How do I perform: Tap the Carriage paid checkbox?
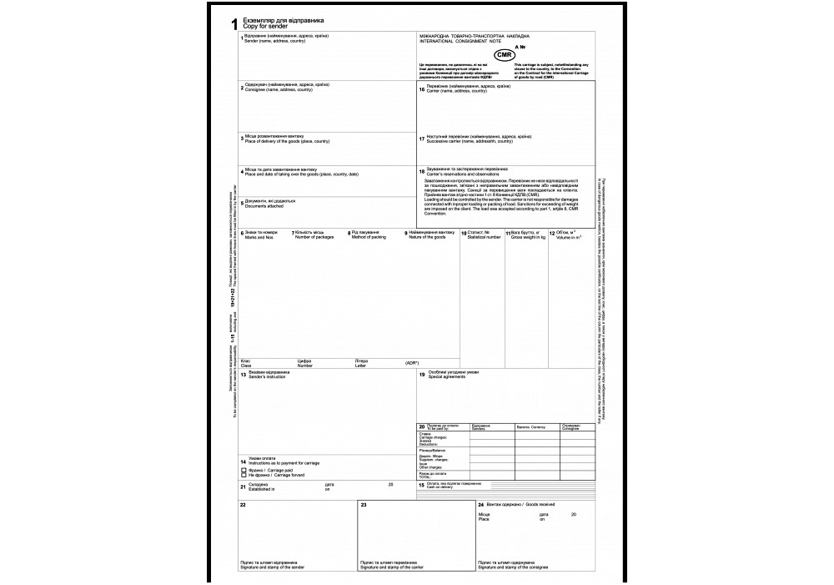pos(243,469)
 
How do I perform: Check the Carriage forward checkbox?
pos(243,475)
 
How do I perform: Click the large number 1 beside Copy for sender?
pos(234,25)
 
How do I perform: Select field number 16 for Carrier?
pos(422,88)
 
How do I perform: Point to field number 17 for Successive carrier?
pos(422,139)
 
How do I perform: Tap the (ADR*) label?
pos(411,363)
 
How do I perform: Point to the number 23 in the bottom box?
pos(364,505)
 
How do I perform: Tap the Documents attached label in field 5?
pos(266,205)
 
